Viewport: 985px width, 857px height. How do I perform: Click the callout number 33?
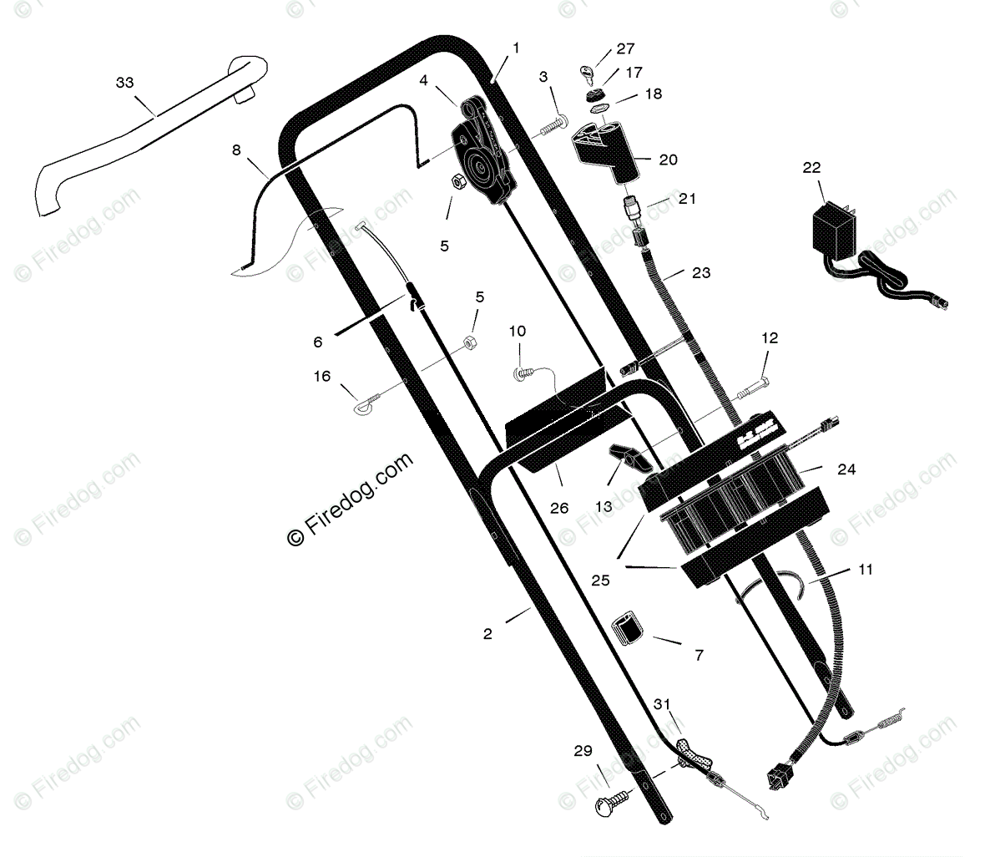coord(124,82)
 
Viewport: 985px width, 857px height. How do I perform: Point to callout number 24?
coord(846,469)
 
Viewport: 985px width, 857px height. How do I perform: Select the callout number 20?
coord(668,159)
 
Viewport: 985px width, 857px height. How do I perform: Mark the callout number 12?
coord(769,337)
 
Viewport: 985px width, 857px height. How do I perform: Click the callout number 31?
coord(661,703)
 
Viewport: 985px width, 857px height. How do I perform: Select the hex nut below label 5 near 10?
coord(470,342)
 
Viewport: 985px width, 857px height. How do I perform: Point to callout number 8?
coord(236,150)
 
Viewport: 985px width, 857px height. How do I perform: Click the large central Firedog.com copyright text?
coord(350,499)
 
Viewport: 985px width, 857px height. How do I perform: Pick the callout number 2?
coord(487,634)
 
